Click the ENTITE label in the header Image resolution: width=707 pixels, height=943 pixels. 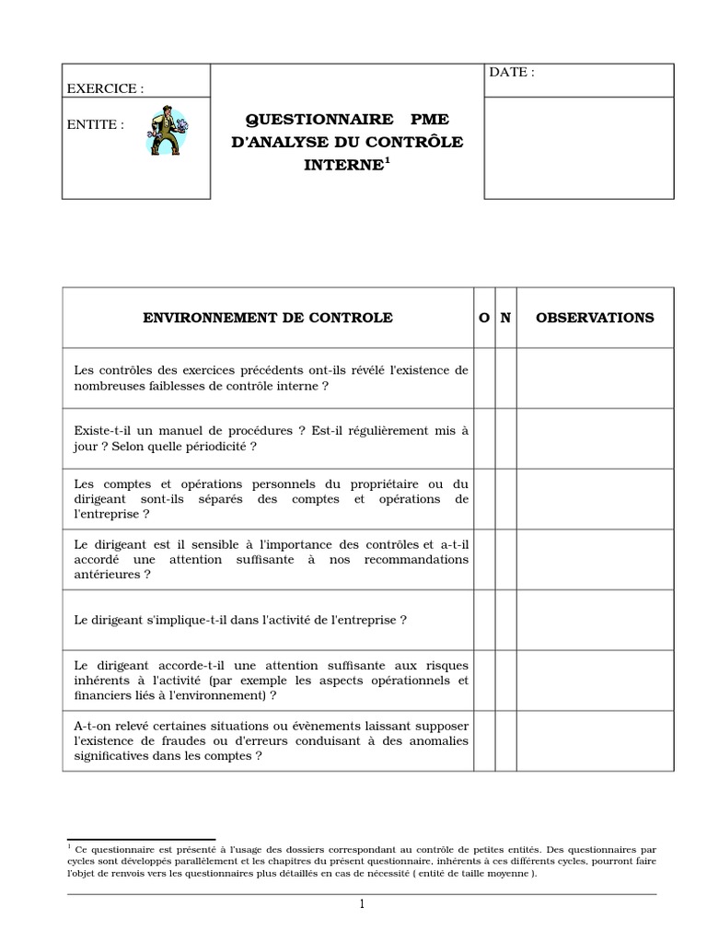click(x=97, y=124)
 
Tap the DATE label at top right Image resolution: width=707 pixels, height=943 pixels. click(x=511, y=73)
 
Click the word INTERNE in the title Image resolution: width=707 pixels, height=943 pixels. click(x=342, y=167)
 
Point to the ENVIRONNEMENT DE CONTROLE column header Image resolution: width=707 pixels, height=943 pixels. click(x=267, y=318)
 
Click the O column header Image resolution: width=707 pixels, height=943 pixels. click(x=484, y=318)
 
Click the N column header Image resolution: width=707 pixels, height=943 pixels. click(x=505, y=318)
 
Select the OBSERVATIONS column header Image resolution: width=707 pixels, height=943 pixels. click(x=595, y=318)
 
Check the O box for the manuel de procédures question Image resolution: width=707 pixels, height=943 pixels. click(x=484, y=438)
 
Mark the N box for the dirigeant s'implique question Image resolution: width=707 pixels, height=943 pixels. click(x=505, y=621)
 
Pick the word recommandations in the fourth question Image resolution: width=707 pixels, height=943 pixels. click(x=418, y=559)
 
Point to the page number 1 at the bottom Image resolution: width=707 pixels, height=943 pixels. click(x=363, y=904)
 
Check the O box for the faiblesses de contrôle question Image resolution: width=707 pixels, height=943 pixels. click(x=484, y=378)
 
